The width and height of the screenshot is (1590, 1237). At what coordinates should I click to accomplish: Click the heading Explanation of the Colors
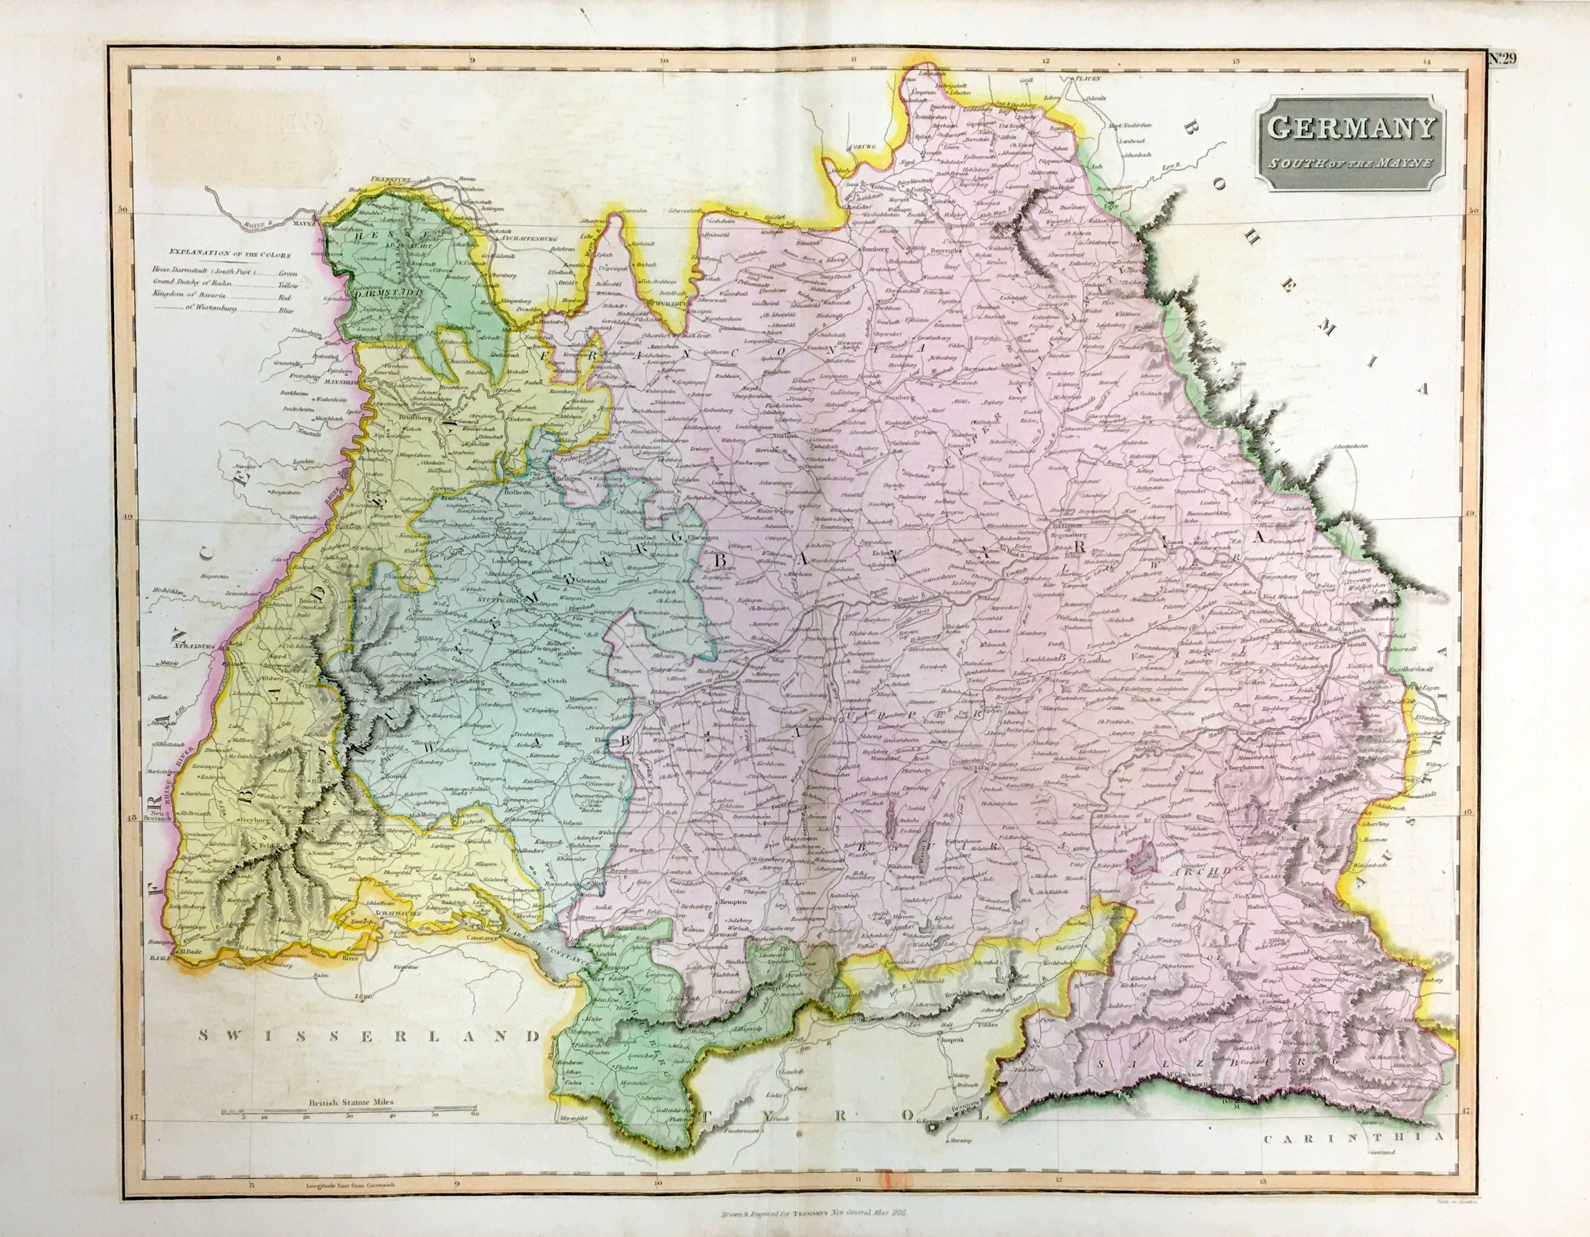click(x=229, y=255)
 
